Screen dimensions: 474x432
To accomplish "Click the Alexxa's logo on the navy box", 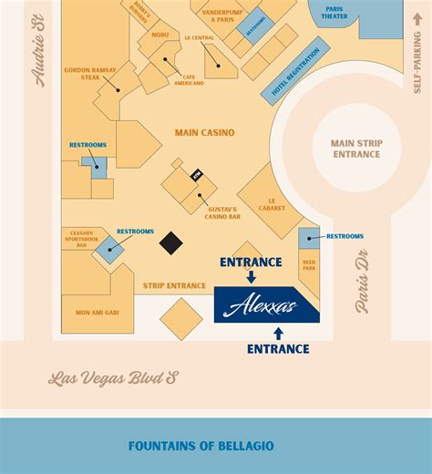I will (x=267, y=304).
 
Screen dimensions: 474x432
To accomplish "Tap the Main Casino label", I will (x=204, y=133).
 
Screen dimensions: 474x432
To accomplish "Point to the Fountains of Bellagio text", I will (x=201, y=446).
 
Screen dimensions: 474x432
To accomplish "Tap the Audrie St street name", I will (x=40, y=61).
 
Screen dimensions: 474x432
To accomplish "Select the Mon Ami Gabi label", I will (x=85, y=312).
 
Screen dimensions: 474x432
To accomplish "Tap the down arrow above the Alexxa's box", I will (x=251, y=278).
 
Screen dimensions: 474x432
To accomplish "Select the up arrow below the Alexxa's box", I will (x=278, y=333).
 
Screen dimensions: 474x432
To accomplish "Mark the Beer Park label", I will (x=309, y=266).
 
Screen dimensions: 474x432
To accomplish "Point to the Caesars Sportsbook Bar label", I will (x=80, y=239).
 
